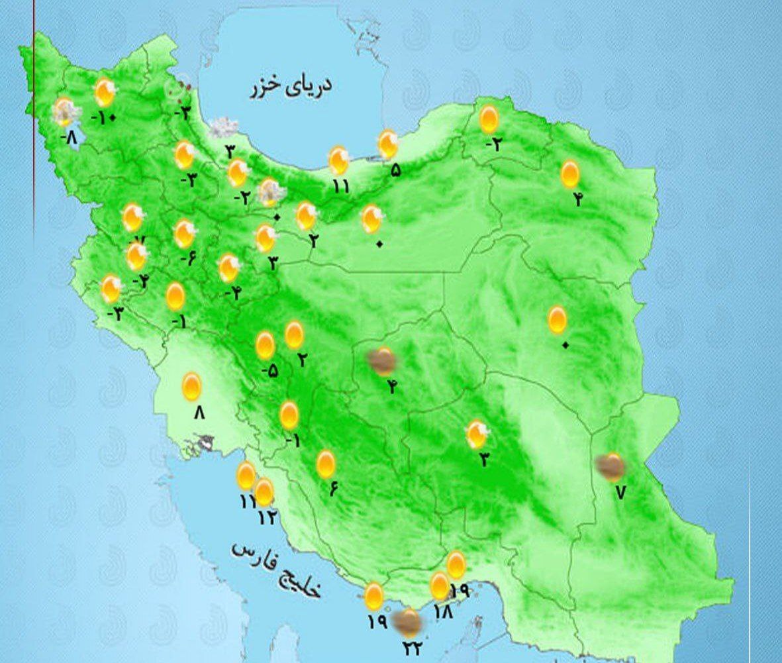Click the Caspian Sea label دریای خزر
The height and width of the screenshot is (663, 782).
[x=291, y=87]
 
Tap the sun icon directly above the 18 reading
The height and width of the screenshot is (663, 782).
[x=440, y=586]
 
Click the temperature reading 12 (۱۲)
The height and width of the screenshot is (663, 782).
[x=266, y=517]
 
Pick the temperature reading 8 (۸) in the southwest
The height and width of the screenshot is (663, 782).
[x=199, y=413]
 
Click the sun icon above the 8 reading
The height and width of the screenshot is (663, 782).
[x=191, y=386]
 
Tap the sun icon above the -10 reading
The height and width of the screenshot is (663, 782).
[x=104, y=93]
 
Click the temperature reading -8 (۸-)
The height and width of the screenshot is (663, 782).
[x=69, y=138]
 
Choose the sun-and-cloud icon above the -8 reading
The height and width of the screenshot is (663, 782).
[x=65, y=112]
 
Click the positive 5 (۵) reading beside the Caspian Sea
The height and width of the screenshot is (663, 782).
[x=395, y=170]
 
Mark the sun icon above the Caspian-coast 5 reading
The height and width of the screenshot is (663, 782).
[x=387, y=144]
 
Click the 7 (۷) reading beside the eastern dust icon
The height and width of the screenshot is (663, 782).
[x=620, y=492]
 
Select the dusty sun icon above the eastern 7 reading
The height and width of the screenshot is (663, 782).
[x=611, y=467]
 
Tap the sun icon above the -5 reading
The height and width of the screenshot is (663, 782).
[x=265, y=346]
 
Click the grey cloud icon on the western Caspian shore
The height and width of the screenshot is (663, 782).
[x=224, y=127]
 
